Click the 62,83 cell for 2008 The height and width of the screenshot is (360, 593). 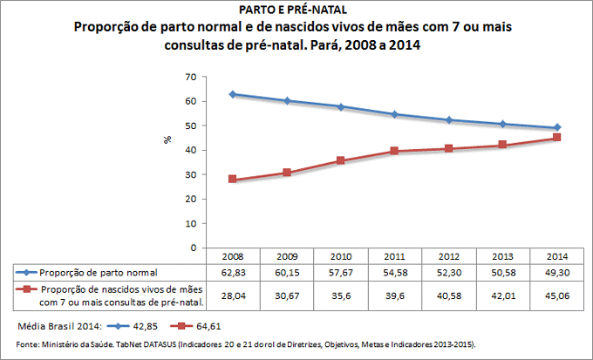tap(232, 272)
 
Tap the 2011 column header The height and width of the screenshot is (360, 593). tap(395, 256)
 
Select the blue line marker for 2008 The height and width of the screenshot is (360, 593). tap(233, 94)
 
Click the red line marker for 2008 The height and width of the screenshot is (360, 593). tap(233, 180)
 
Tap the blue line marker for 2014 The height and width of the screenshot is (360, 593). tap(557, 127)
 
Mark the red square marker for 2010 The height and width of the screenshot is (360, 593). tap(341, 161)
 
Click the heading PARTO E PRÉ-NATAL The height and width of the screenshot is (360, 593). tap(296, 10)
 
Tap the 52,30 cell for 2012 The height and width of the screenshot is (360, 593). tap(449, 272)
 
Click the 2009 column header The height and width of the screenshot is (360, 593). tap(286, 256)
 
